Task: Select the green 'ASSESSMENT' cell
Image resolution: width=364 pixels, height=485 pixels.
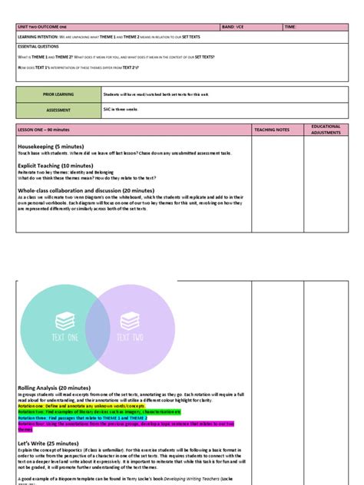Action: coord(58,109)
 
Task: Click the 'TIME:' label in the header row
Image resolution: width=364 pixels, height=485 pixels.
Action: coord(290,27)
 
